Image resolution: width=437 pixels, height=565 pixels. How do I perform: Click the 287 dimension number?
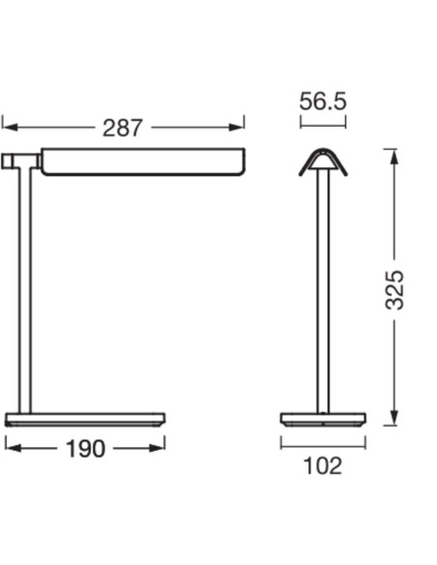(x=123, y=128)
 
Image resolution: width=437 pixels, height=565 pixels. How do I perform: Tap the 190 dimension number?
(x=85, y=449)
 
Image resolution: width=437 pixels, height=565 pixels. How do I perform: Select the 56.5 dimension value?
(x=323, y=102)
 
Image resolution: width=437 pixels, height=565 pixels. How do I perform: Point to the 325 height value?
(x=394, y=289)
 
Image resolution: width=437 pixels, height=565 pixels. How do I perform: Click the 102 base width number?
(x=323, y=466)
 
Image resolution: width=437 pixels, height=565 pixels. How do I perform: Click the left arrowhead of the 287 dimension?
(x=10, y=127)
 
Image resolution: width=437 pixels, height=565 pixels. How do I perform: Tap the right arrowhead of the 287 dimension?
(x=237, y=127)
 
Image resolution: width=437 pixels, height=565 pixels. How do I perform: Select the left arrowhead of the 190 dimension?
(x=14, y=448)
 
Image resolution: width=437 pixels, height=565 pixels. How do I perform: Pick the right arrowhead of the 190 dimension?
(x=157, y=448)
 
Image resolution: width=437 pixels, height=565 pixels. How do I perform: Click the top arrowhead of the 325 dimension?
(x=394, y=157)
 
